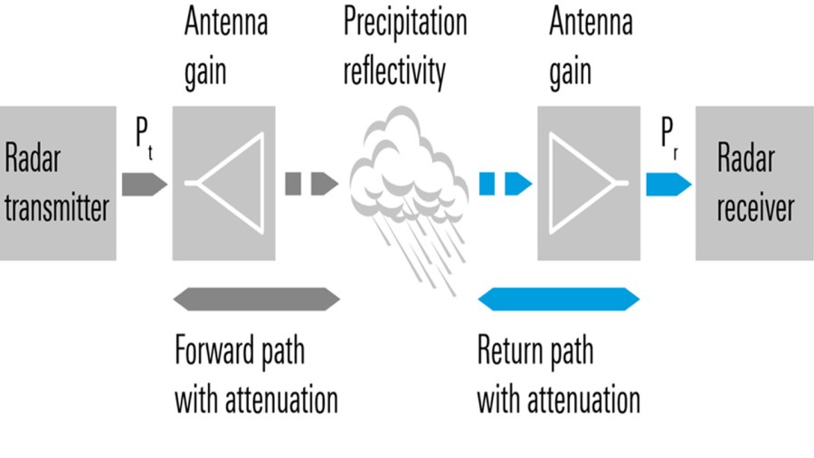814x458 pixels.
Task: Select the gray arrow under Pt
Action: (x=144, y=184)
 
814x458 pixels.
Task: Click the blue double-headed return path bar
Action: (x=558, y=298)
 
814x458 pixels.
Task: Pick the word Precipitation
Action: (x=404, y=22)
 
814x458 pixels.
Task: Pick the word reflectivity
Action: (x=393, y=72)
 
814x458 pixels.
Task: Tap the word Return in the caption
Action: (x=511, y=350)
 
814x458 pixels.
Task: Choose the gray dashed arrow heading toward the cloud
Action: (x=311, y=184)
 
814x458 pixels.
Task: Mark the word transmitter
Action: (x=57, y=207)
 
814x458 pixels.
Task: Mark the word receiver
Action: (x=755, y=207)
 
